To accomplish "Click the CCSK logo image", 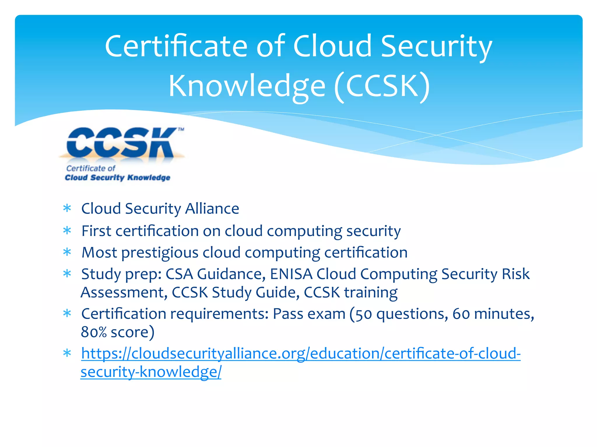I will coord(121,154).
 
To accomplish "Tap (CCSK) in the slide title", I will coord(382,86).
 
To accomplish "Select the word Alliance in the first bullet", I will coord(212,209).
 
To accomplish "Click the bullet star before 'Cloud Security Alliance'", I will coord(67,208).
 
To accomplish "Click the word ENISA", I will coord(291,274).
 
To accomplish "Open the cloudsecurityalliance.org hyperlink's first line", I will coord(301,354).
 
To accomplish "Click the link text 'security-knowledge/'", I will coord(151,372).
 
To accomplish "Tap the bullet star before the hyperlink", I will coord(67,353).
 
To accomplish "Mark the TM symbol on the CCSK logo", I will coord(181,130).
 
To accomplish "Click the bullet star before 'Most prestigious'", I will coord(67,252).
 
